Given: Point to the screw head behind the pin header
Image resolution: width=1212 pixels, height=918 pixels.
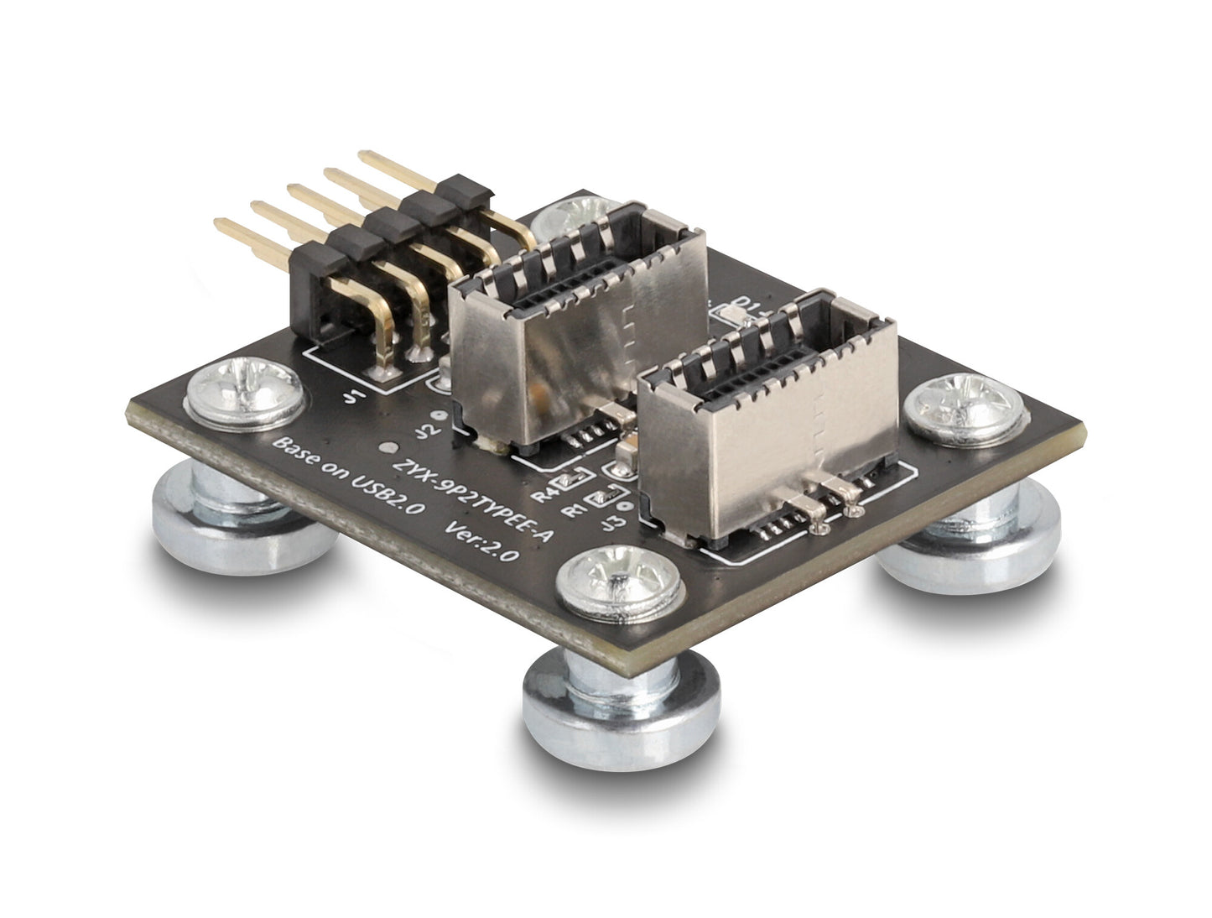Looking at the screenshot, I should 570,220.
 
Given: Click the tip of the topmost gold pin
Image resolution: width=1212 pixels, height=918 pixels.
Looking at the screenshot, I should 363,154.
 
